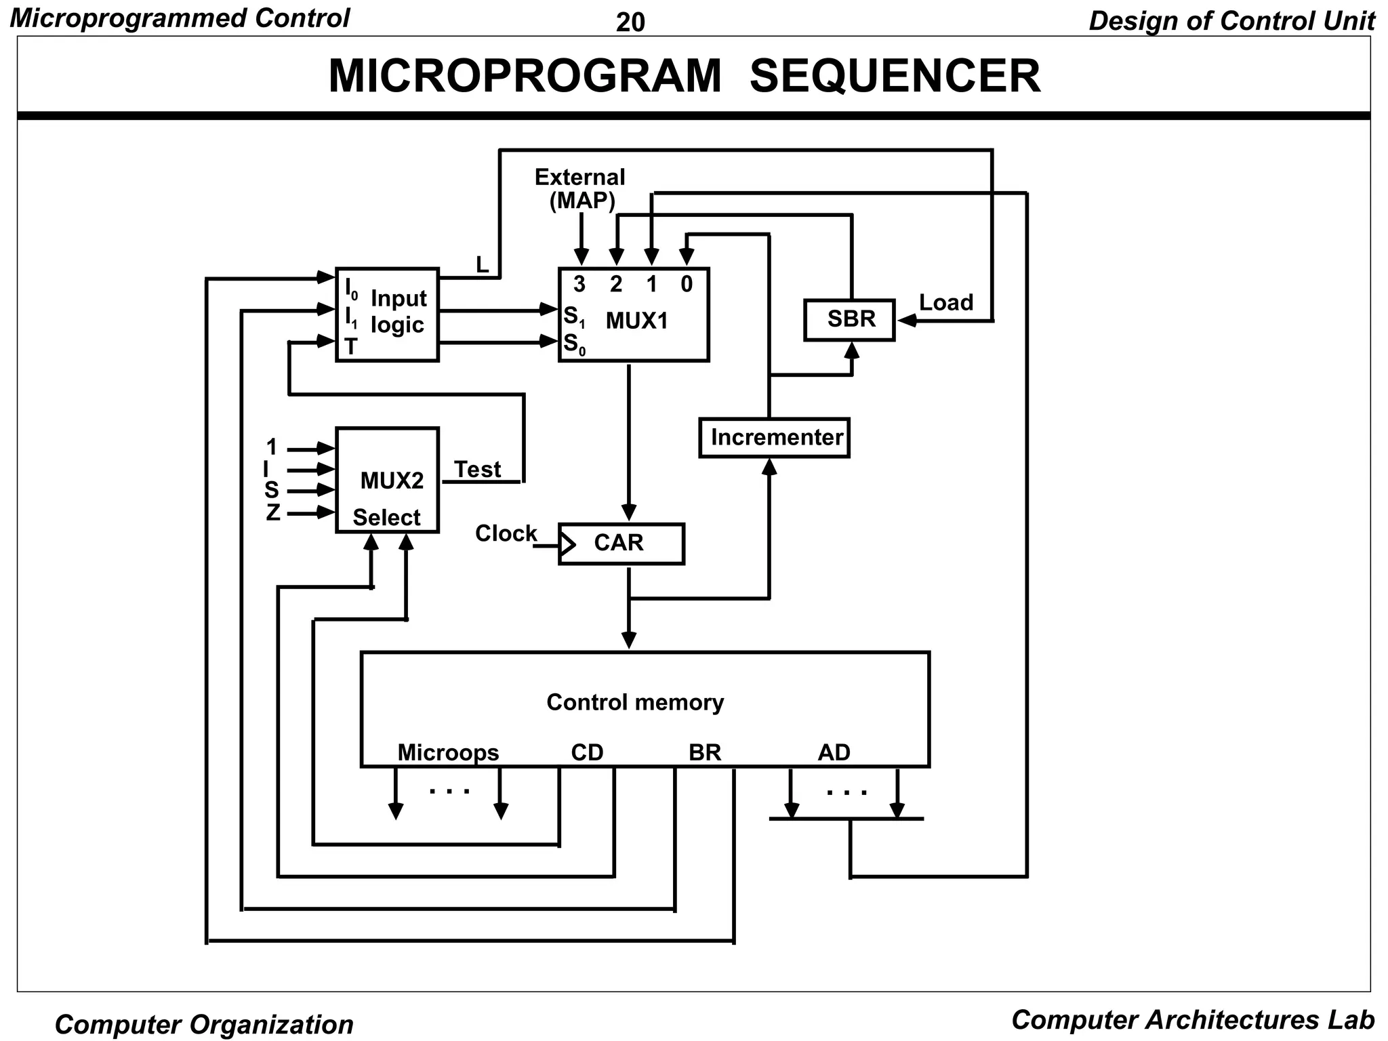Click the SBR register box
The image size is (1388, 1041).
tap(849, 319)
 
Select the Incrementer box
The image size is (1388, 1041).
tap(775, 438)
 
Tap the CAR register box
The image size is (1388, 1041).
tap(621, 543)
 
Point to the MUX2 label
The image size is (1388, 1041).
tap(392, 481)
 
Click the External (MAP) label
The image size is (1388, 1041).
tap(580, 188)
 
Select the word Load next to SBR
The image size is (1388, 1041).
tap(946, 302)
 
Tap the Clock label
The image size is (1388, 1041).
tap(506, 533)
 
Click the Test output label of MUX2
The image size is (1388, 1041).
tap(477, 469)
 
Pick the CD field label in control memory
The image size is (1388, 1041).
tap(587, 752)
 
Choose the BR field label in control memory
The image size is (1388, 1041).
tap(705, 752)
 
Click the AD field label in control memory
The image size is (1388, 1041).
tap(834, 752)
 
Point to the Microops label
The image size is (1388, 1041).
tap(448, 752)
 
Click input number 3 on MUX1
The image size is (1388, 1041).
tap(579, 284)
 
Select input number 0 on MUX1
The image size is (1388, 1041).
tap(687, 284)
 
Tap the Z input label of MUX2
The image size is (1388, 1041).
tap(272, 512)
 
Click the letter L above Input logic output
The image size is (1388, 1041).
tap(482, 265)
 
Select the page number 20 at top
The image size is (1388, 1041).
tap(630, 22)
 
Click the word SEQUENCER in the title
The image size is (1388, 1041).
tap(895, 76)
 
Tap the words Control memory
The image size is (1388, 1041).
tap(635, 702)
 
